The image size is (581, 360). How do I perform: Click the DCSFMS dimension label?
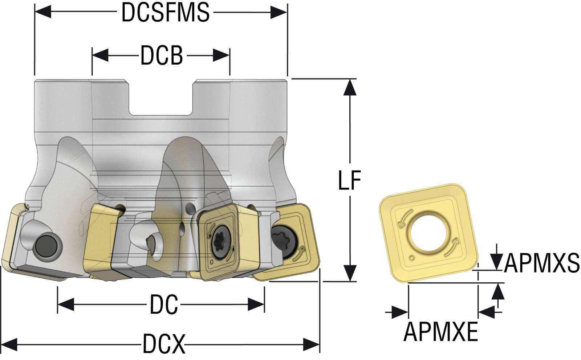point(165,13)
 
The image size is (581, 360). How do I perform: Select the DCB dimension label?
point(161,56)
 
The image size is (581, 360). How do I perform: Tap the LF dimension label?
point(349,180)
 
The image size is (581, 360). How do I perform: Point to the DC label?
point(163,304)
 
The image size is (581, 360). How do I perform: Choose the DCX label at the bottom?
point(164,344)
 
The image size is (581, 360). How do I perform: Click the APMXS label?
point(541,263)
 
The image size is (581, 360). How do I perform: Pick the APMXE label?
point(440,331)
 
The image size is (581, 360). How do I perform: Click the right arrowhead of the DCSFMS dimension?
point(279,13)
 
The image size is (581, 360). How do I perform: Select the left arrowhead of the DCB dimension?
point(100,56)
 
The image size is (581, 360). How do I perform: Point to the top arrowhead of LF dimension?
point(349,87)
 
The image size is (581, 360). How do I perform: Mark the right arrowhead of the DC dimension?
point(256,304)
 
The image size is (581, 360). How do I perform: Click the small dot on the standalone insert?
point(411,258)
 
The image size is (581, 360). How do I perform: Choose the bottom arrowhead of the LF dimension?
point(349,273)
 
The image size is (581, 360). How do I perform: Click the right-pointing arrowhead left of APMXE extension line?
point(400,312)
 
